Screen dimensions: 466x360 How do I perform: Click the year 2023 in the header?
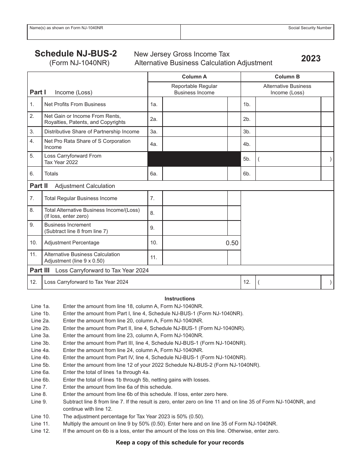(x=311, y=58)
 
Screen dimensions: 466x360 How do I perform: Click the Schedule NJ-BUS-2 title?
(x=76, y=54)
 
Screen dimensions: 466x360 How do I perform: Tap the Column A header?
(x=194, y=77)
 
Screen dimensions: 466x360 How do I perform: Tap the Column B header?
(x=287, y=77)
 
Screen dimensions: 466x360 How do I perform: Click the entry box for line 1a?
(x=195, y=104)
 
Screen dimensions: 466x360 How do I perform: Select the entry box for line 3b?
(x=288, y=131)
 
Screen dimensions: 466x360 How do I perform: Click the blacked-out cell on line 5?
(x=194, y=159)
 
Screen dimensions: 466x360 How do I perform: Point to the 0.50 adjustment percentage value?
(x=232, y=243)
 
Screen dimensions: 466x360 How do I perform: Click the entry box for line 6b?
(x=288, y=174)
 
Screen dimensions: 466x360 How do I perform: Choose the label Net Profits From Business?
(x=75, y=104)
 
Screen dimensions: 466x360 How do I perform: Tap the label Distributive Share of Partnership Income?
(x=92, y=131)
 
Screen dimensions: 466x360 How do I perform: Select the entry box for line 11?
(x=195, y=257)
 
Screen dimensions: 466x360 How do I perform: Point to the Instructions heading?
(x=180, y=299)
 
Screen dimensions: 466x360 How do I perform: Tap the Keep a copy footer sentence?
(x=180, y=443)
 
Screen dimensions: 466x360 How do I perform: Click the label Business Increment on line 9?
(x=67, y=225)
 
